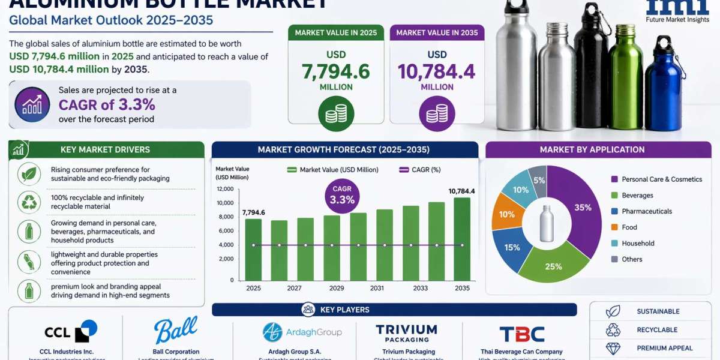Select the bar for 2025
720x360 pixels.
(x=253, y=249)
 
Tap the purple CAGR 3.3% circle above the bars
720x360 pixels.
(x=342, y=195)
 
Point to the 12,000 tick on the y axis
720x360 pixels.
(x=224, y=189)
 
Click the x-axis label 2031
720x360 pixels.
(x=377, y=288)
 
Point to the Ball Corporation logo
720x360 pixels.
(x=175, y=330)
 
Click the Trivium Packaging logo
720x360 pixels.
(x=406, y=333)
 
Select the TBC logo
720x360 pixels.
(x=521, y=334)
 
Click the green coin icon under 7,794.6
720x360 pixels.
(x=335, y=113)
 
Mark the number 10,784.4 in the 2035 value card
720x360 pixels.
(x=437, y=72)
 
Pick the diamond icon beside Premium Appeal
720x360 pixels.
(x=613, y=348)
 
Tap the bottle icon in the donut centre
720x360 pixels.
(x=546, y=223)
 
